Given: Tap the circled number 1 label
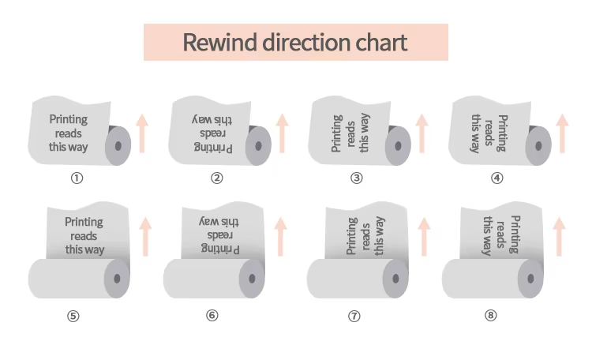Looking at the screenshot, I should pyautogui.click(x=77, y=178).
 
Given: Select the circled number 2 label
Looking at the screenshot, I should pyautogui.click(x=216, y=178).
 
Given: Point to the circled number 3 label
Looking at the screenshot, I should pyautogui.click(x=357, y=178).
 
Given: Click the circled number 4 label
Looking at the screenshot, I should pyautogui.click(x=496, y=178).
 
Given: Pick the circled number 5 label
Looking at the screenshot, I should pyautogui.click(x=73, y=316).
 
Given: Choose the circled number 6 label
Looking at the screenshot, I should pyautogui.click(x=212, y=316).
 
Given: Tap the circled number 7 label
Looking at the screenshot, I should pyautogui.click(x=354, y=316).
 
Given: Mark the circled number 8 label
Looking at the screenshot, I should pyautogui.click(x=491, y=316).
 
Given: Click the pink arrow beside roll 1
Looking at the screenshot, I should pyautogui.click(x=142, y=133).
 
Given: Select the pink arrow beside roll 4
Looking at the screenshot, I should pyautogui.click(x=562, y=133).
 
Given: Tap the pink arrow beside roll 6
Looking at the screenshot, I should pyautogui.click(x=281, y=236).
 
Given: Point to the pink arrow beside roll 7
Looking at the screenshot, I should pyautogui.click(x=423, y=236).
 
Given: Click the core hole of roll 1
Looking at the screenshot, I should pyautogui.click(x=119, y=145).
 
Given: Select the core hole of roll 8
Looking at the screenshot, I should pyautogui.click(x=532, y=278).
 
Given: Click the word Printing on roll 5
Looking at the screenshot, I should pyautogui.click(x=84, y=223).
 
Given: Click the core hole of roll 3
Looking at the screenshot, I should pyautogui.click(x=399, y=145).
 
